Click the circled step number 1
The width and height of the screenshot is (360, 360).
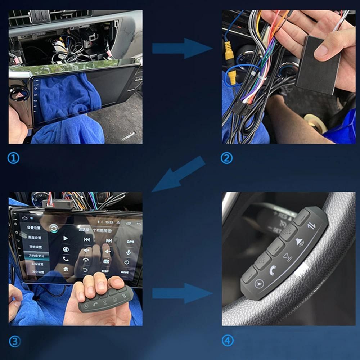(13, 158)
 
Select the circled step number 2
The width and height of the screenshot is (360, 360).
(226, 158)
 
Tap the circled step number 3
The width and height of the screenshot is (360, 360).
(14, 341)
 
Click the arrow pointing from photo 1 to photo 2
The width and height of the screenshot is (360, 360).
(182, 48)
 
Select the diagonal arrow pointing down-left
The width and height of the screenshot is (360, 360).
(179, 174)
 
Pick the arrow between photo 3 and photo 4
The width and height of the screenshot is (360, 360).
(182, 293)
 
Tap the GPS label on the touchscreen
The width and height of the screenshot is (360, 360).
(130, 242)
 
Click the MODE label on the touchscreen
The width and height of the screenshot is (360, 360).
(125, 273)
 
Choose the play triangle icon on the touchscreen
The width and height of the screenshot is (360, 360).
(66, 238)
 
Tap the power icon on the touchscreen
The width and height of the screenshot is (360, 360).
(127, 262)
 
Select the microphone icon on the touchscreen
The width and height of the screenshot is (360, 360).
(128, 252)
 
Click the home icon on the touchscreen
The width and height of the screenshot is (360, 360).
(66, 269)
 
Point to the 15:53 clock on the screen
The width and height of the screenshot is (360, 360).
(109, 222)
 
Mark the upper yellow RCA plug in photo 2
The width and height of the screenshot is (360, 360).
(228, 46)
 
